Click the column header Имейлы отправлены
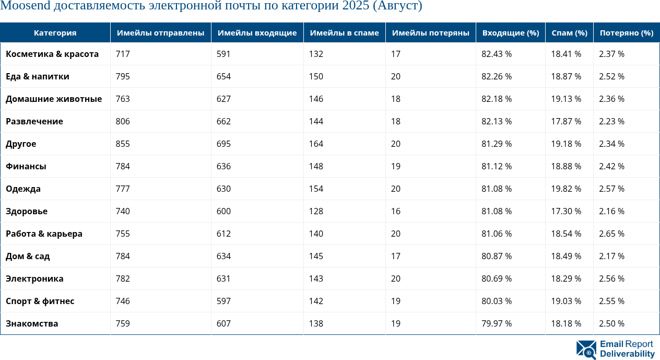(160, 33)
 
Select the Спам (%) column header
(569, 33)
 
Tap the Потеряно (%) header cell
(626, 33)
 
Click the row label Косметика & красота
(52, 54)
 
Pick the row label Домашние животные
(54, 99)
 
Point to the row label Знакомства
(32, 323)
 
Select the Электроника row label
(34, 278)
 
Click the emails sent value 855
(123, 144)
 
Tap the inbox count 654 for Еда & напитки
(223, 76)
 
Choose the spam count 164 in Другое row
(316, 144)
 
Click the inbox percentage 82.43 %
(496, 54)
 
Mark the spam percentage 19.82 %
(566, 189)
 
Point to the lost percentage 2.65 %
(611, 234)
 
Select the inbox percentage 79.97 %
(496, 323)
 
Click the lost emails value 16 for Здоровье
(396, 211)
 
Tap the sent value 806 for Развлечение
(123, 121)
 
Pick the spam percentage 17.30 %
(566, 211)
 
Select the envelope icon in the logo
(586, 350)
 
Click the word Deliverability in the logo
(627, 354)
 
